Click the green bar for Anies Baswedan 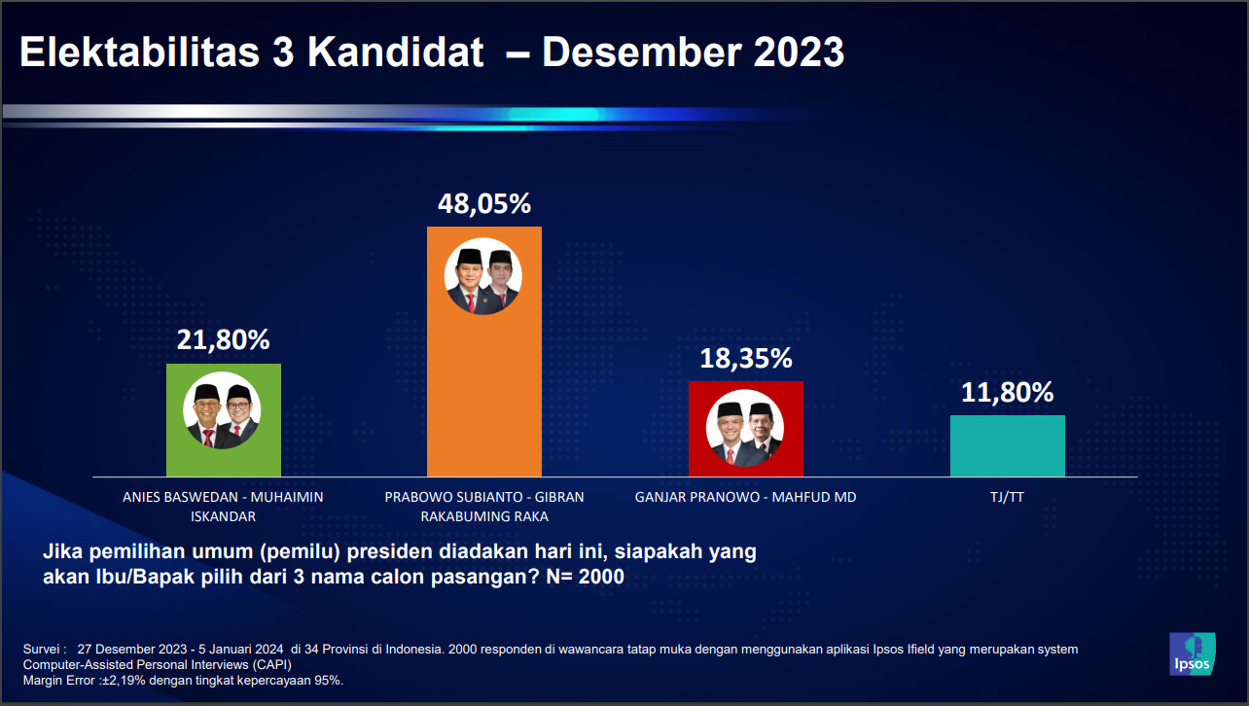[224, 420]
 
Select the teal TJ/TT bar [1008, 445]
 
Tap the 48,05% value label [484, 204]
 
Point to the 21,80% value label [223, 340]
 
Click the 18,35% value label [745, 358]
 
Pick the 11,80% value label [1007, 392]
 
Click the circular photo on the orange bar [482, 276]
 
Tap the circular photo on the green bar [222, 410]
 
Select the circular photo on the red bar [745, 428]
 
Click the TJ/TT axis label [1007, 497]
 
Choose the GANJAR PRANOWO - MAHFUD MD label [745, 497]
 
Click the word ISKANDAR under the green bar [223, 516]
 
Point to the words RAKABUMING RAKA [484, 516]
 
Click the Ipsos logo [1193, 654]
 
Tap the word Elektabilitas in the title [140, 52]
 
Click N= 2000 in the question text [585, 576]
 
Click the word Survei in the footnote [42, 650]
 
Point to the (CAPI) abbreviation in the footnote [272, 665]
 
